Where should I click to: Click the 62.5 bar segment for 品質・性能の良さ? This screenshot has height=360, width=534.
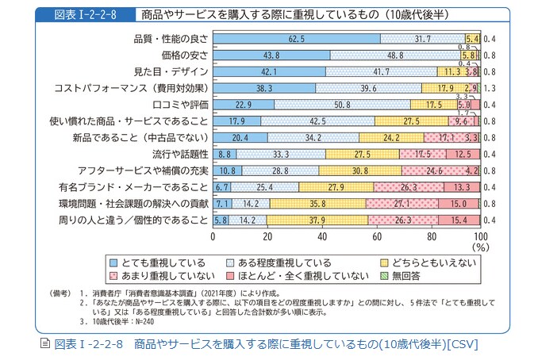coord(297,38)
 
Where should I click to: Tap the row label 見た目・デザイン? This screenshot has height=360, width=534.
coord(171,71)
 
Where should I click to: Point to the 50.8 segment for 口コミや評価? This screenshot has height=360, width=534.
coord(343,105)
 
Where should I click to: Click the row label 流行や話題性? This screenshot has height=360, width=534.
coord(180,154)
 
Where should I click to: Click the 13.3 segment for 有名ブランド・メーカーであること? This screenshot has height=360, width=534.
coord(460,187)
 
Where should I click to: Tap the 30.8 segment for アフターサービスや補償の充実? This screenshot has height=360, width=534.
coord(359,170)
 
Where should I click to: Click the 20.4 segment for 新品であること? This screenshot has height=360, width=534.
coord(240,137)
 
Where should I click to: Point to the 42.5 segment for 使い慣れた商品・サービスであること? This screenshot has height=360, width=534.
coord(318,121)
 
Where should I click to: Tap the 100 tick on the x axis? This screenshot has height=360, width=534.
coord(479,236)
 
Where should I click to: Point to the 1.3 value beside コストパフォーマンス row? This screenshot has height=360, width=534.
coord(490,88)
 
